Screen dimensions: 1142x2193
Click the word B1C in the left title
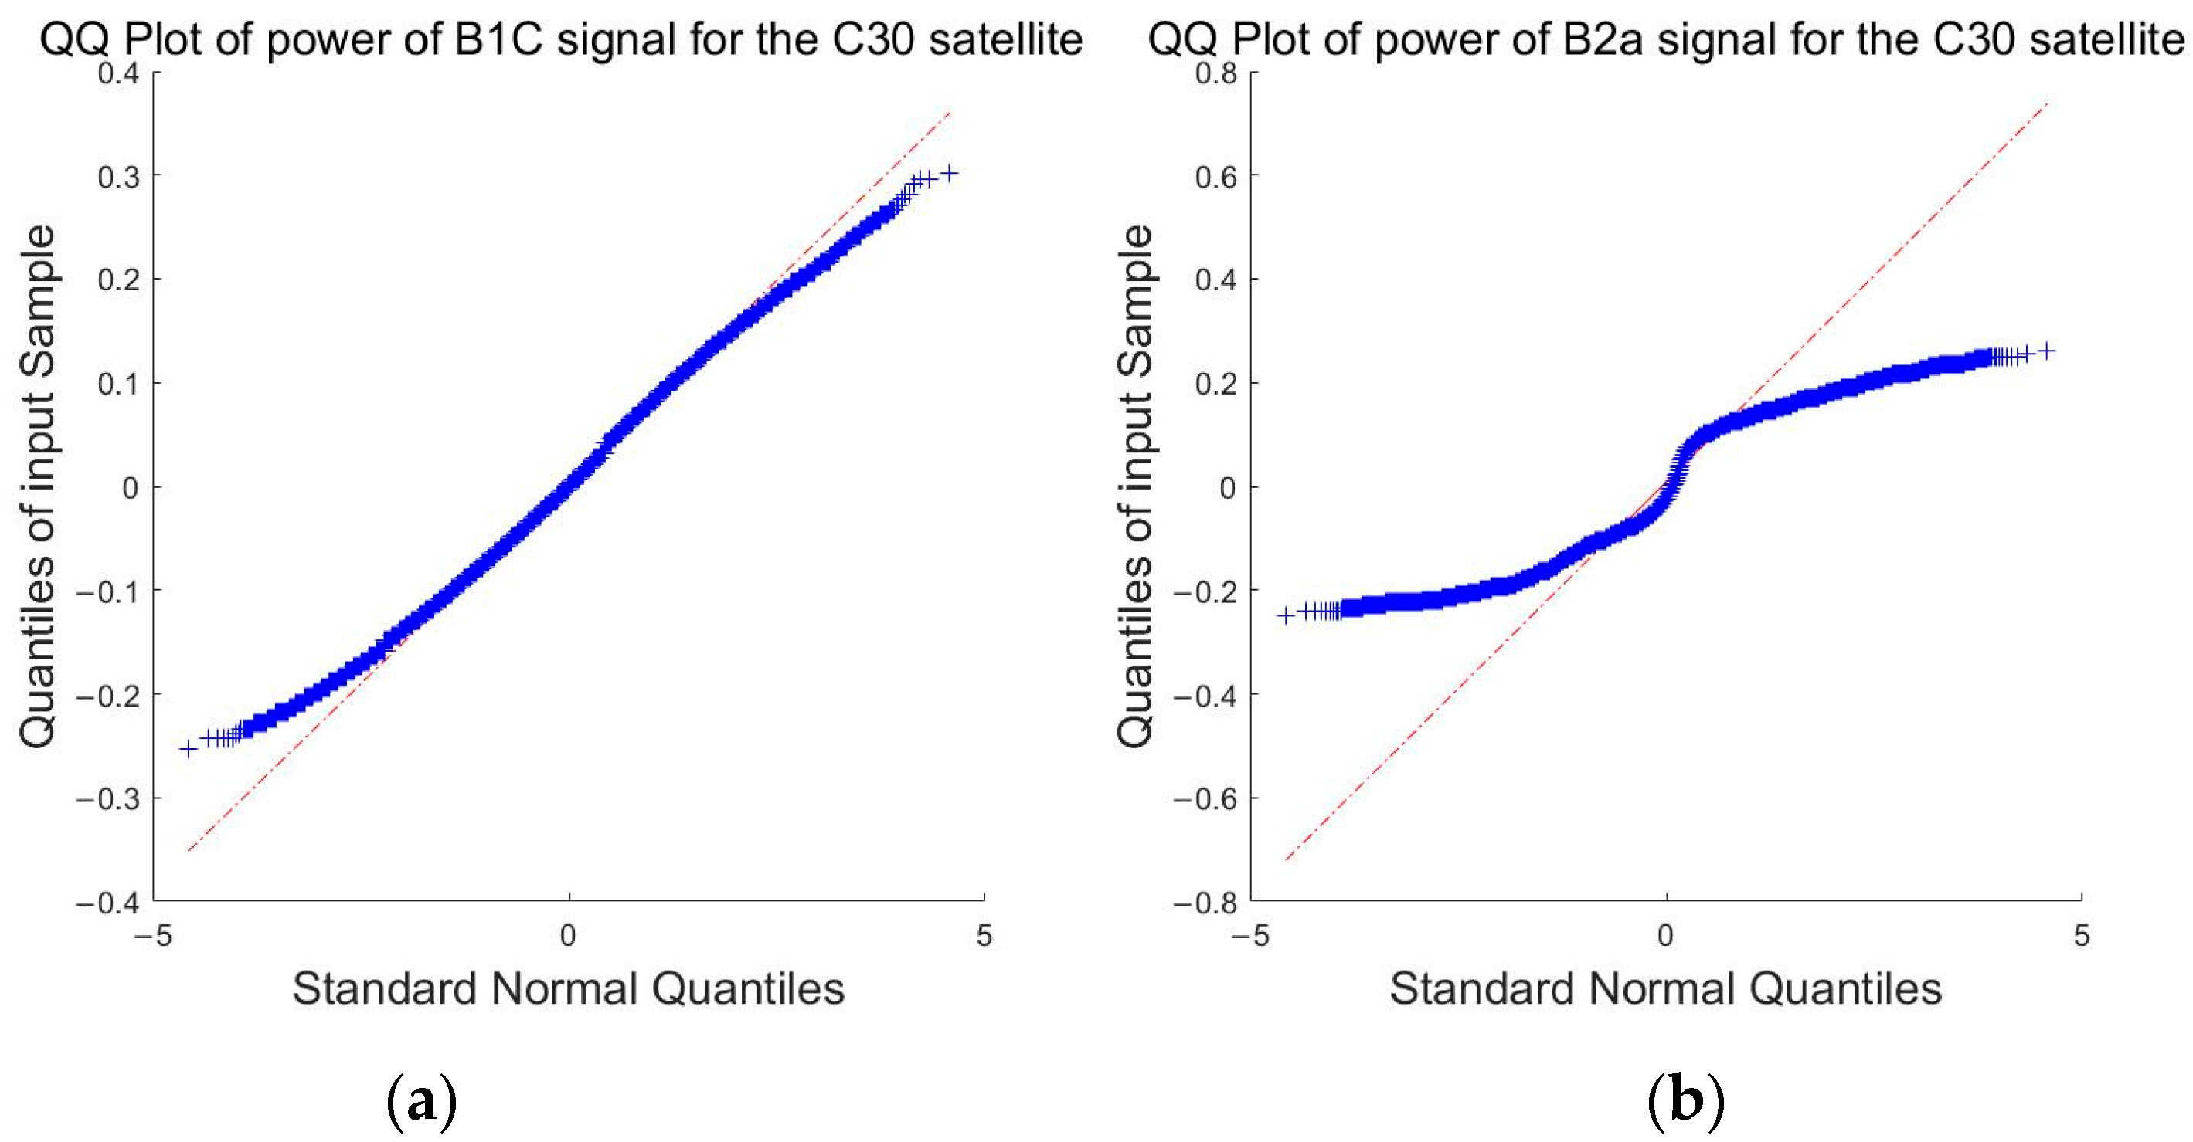499,39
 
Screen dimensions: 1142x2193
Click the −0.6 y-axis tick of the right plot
1205,799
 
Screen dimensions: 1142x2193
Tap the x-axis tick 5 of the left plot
984,936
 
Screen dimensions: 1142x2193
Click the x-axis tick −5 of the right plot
1250,936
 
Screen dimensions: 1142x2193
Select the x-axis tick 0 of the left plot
568,936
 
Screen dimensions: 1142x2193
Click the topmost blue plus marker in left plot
949,173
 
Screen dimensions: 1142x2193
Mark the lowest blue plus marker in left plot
188,749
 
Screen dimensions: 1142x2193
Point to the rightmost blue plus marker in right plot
2047,351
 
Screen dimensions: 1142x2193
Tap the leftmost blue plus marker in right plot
1286,615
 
